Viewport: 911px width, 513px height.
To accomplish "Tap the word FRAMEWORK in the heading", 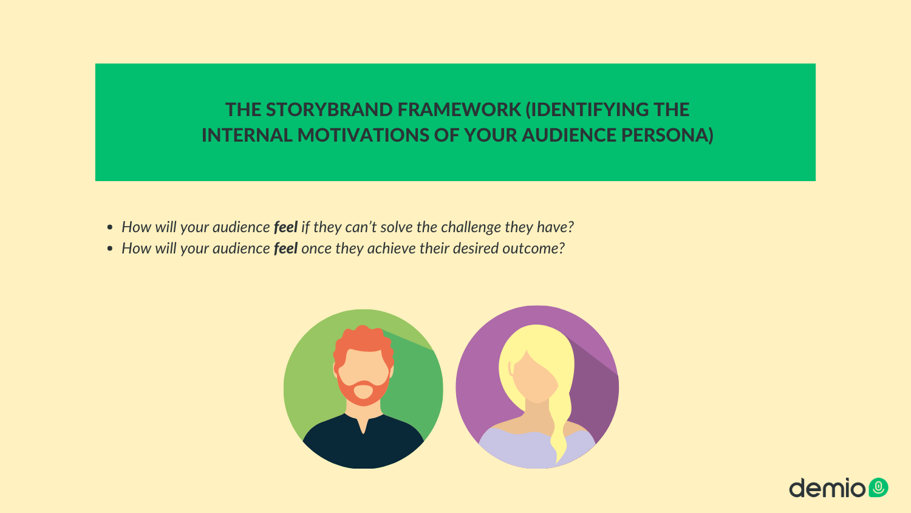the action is [x=459, y=109].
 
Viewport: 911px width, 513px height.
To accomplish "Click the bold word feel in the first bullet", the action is [x=285, y=227].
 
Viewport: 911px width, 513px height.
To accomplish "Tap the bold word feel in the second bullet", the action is [x=285, y=248].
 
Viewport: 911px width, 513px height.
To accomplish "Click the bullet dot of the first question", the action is [x=110, y=227].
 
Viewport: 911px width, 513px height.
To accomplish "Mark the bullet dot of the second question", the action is [x=110, y=249].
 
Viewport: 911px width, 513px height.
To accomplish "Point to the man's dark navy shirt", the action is [x=363, y=443].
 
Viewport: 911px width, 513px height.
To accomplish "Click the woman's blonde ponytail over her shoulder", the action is [x=561, y=424].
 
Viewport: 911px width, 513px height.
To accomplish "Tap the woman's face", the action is [x=535, y=377].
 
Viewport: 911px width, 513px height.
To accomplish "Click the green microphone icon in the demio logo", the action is [x=878, y=487].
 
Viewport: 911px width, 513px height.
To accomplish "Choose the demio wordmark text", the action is [x=827, y=487].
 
